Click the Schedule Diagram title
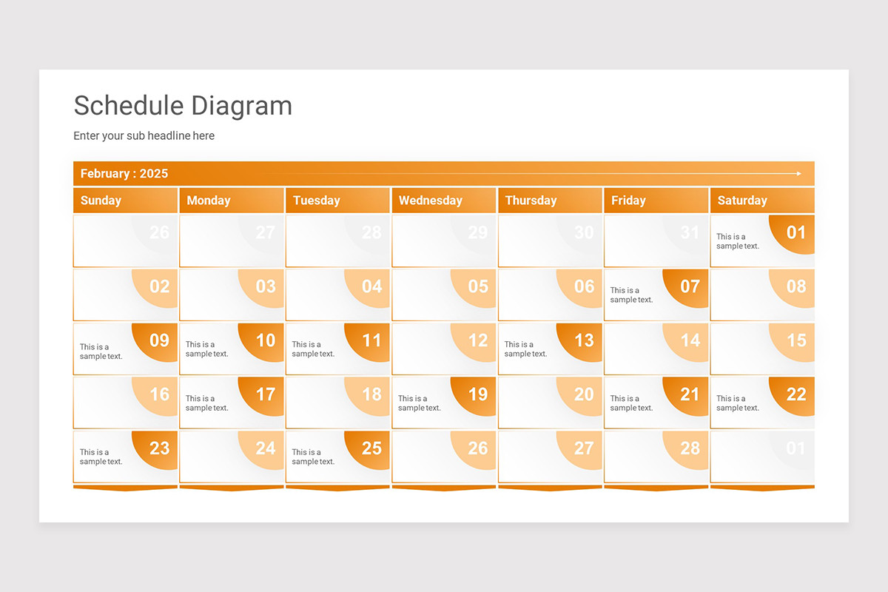pyautogui.click(x=183, y=106)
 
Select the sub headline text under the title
pyautogui.click(x=144, y=136)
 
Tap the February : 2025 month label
pyautogui.click(x=124, y=174)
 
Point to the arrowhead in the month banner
pyautogui.click(x=798, y=174)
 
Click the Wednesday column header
pyautogui.click(x=430, y=201)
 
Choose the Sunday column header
pyautogui.click(x=101, y=201)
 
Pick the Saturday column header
pyautogui.click(x=742, y=201)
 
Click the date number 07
pyautogui.click(x=690, y=286)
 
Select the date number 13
pyautogui.click(x=584, y=340)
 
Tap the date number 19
pyautogui.click(x=478, y=394)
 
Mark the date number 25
pyautogui.click(x=371, y=448)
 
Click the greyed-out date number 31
pyautogui.click(x=690, y=232)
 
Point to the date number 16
pyautogui.click(x=160, y=394)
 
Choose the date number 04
pyautogui.click(x=371, y=286)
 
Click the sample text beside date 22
pyautogui.click(x=738, y=403)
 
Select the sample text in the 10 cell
pyautogui.click(x=207, y=349)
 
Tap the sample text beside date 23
pyautogui.click(x=101, y=457)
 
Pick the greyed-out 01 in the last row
pyautogui.click(x=796, y=448)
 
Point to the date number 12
pyautogui.click(x=478, y=340)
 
